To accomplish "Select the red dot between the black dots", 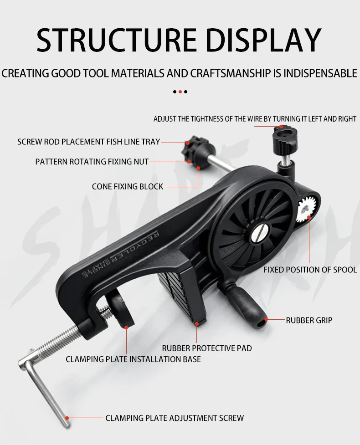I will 180,92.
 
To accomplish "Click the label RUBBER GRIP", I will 309,320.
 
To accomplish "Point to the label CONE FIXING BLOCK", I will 128,186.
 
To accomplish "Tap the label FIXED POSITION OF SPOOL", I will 310,270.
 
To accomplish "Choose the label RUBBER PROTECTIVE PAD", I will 207,348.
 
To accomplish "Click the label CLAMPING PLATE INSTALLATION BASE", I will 133,359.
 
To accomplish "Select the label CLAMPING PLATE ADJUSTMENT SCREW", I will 175,418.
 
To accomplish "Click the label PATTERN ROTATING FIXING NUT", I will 92,162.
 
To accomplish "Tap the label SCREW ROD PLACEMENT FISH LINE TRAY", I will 89,142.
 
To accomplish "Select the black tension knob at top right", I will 283,135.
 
